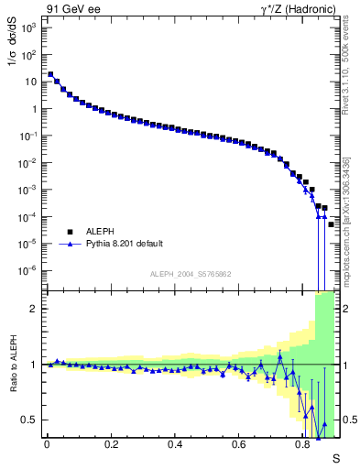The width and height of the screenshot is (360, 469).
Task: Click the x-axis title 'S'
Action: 336,458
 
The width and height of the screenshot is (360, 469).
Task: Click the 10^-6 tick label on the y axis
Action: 27,270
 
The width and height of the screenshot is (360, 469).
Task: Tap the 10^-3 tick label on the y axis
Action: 27,190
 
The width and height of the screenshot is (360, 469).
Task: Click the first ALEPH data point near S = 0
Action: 50,74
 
